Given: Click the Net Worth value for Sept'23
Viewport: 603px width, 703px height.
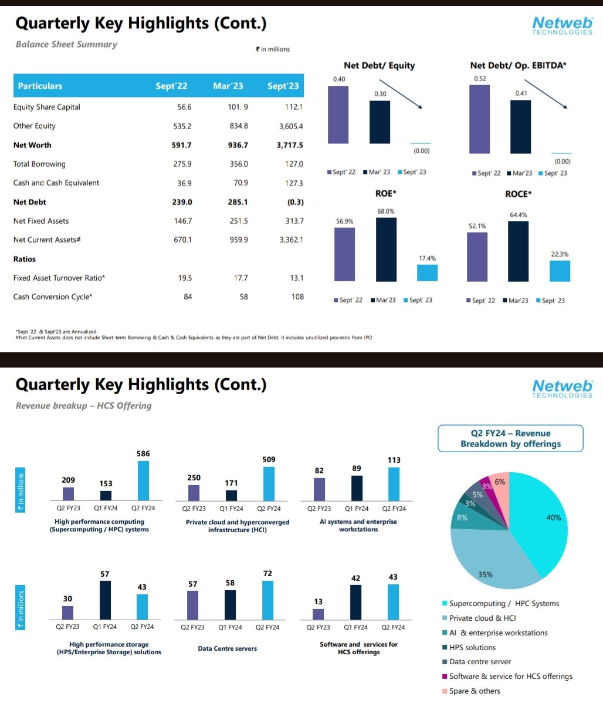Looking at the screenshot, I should pos(290,145).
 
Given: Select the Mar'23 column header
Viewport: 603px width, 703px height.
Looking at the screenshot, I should pos(228,86).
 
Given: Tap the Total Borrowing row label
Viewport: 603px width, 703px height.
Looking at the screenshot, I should pos(39,164).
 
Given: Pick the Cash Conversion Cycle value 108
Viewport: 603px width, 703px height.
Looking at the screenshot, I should pos(297,297).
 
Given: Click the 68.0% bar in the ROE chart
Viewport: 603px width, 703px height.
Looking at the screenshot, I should pos(386,250).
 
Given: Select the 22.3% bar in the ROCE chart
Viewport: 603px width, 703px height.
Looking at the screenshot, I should pos(560,271).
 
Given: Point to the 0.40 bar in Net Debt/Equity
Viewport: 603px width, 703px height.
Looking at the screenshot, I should pos(338,115).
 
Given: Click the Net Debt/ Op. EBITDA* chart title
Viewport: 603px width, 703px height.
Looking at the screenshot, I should pos(518,66).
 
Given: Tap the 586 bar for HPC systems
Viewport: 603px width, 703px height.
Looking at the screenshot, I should pos(143,480).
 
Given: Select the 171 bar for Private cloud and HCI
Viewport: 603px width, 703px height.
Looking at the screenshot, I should pos(232,495).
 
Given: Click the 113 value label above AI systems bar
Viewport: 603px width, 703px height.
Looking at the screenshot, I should pos(393,460).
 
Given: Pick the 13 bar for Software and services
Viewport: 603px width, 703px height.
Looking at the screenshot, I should pos(318,614).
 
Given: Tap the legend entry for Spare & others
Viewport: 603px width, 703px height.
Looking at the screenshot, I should pos(474,691).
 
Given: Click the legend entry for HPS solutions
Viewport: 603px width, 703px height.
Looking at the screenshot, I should pos(472,647).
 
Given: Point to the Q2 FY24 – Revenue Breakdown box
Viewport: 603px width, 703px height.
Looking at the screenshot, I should pos(510,439).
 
